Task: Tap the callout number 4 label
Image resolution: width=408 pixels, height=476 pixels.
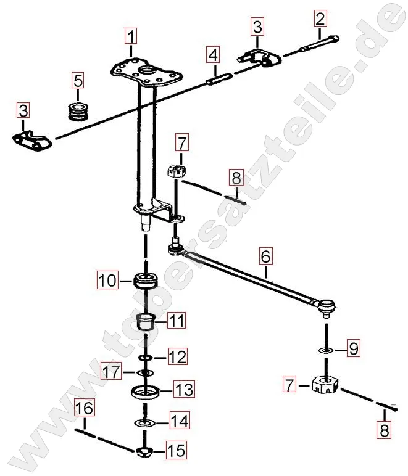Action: (213, 56)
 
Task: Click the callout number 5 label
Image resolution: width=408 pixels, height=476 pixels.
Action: (78, 80)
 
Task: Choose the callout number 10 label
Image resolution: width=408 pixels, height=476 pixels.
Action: (106, 281)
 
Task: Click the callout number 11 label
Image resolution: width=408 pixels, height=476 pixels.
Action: (177, 321)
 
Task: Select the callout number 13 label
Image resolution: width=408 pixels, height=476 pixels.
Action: (184, 390)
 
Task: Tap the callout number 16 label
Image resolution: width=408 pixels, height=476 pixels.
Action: (85, 408)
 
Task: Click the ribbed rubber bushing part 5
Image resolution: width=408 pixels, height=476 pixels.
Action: (78, 110)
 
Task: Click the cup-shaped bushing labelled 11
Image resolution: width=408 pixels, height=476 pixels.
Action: (146, 321)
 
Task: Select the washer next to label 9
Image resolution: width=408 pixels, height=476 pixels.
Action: (325, 350)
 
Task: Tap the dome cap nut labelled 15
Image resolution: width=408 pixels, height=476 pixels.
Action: (146, 452)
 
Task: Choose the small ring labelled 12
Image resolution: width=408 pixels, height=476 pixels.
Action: (146, 357)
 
